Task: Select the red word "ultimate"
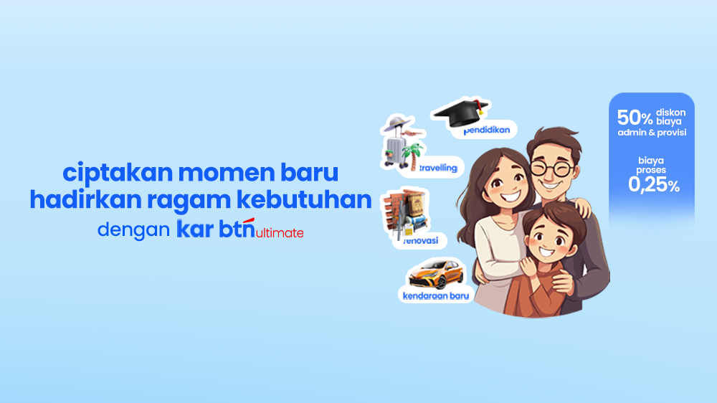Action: (x=280, y=233)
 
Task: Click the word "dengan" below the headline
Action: (x=133, y=230)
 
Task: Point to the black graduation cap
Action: (x=461, y=112)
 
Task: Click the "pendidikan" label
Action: (x=487, y=131)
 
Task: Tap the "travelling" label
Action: (x=438, y=168)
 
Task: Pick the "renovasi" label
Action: (x=421, y=241)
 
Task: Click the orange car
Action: (x=436, y=274)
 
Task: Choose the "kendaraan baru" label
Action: (x=436, y=296)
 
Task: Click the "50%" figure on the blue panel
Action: (x=635, y=118)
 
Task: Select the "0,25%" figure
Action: (x=654, y=185)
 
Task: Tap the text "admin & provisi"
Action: (x=652, y=133)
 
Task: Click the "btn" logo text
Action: (x=237, y=228)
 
